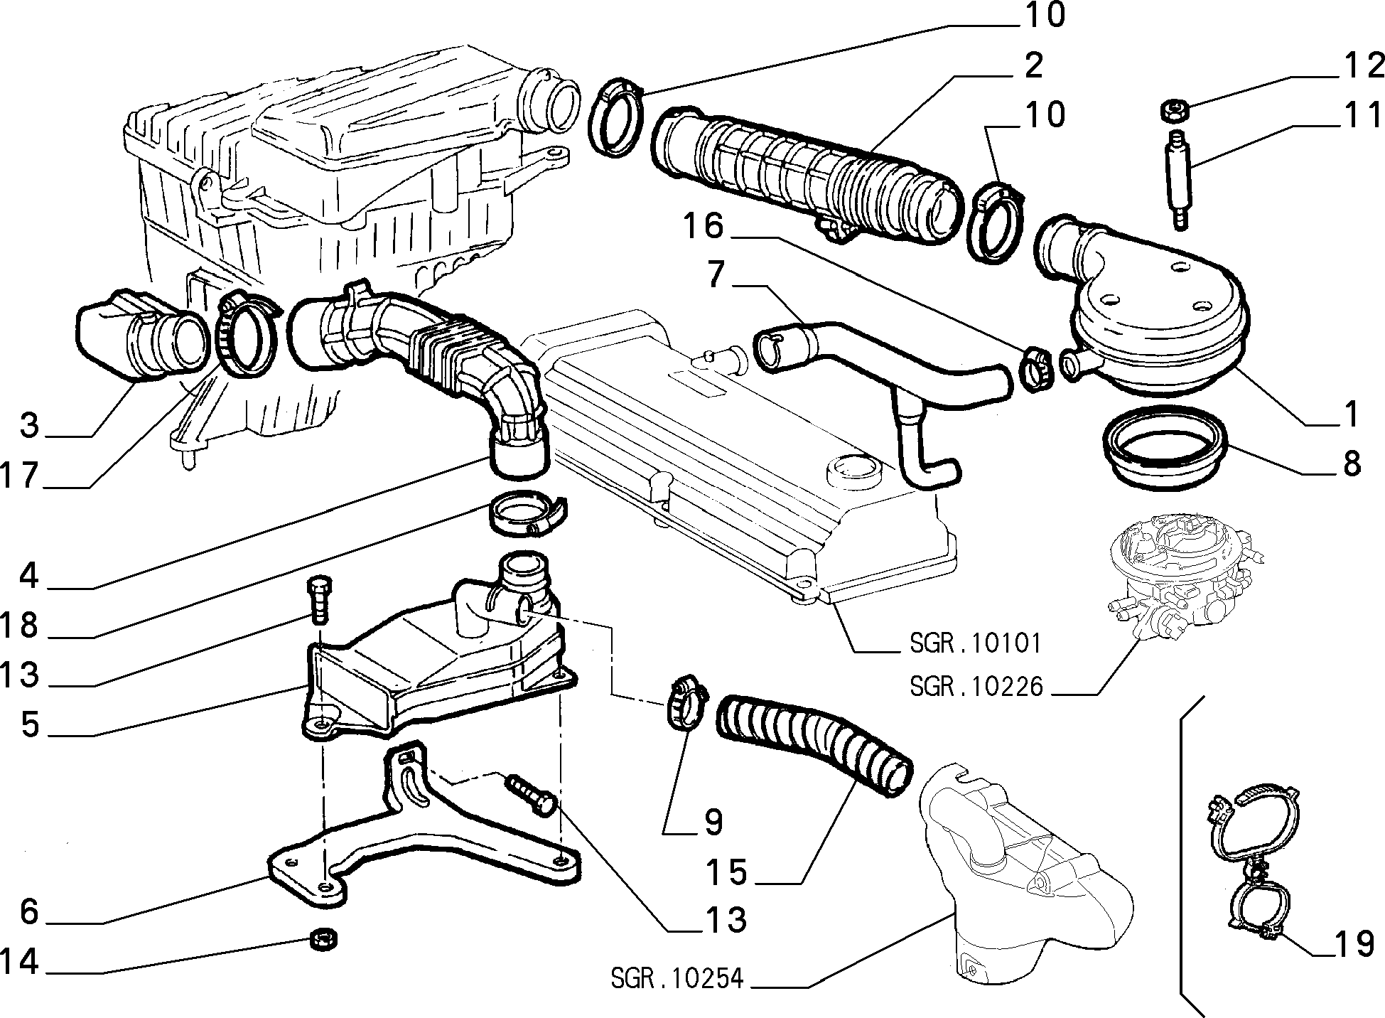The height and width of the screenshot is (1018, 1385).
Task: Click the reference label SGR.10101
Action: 975,643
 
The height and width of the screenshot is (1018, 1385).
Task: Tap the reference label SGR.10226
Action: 976,687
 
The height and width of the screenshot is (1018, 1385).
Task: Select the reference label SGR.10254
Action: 677,979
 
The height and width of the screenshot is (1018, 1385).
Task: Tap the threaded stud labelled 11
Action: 1177,179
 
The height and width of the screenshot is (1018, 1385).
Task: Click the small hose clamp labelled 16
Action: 1035,368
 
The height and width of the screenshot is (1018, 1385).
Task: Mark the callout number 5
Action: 29,724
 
